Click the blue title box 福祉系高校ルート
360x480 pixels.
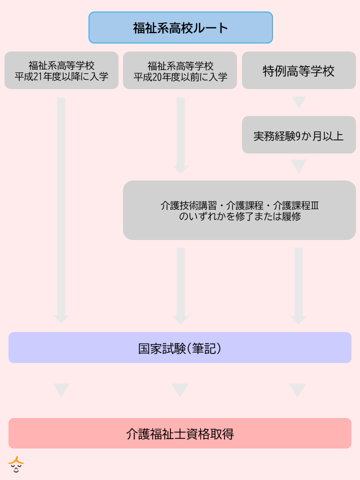pos(180,27)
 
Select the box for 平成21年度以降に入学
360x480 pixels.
pos(61,70)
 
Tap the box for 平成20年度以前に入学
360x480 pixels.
pos(180,70)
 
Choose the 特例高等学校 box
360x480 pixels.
pos(298,70)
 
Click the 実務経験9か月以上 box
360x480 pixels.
pos(298,135)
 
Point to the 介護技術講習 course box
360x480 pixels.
pos(239,210)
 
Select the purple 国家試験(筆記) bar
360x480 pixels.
pos(180,347)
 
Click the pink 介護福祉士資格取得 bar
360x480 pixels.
pos(180,433)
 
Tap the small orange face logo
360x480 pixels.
pos(16,465)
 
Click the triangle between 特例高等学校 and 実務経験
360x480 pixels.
pos(299,102)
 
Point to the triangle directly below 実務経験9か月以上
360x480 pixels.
pos(299,166)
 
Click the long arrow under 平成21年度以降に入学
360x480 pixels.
pos(61,210)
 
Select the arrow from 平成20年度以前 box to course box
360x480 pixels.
pos(180,135)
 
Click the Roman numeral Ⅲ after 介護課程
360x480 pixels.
pos(315,205)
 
